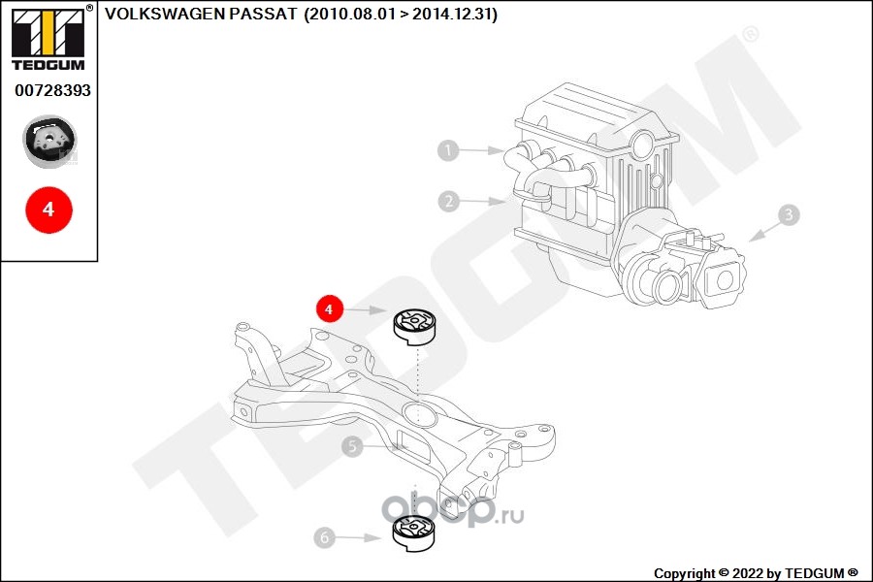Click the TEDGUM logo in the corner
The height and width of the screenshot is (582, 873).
[x=48, y=38]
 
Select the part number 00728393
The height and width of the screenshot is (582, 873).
[x=53, y=90]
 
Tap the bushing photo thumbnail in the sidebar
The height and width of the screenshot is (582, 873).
[x=49, y=142]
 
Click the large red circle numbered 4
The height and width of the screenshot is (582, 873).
[x=49, y=210]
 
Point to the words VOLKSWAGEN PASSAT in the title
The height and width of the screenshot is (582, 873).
[x=201, y=14]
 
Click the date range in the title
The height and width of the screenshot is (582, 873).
[x=401, y=14]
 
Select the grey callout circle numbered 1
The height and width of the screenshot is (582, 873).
[x=448, y=149]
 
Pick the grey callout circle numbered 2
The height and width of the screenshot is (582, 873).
[x=449, y=201]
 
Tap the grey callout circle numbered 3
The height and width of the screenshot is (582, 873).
[x=789, y=215]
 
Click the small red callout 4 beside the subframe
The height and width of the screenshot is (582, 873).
[x=329, y=309]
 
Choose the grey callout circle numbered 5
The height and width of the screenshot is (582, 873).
[x=352, y=446]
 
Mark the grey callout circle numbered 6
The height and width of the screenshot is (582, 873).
[x=325, y=537]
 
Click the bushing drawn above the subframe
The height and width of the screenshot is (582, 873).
[x=415, y=327]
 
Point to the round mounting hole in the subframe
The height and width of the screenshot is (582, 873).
[x=418, y=414]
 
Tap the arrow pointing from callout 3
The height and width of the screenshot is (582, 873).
[x=764, y=232]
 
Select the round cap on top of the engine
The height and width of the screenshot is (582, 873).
[x=642, y=145]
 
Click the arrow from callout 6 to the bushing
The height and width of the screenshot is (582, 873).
[x=359, y=538]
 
